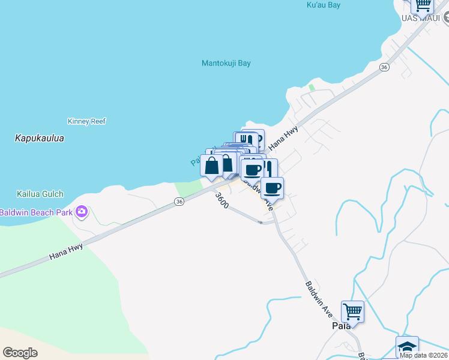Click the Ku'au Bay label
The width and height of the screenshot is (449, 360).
[324, 5]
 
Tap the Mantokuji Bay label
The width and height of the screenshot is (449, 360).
[226, 63]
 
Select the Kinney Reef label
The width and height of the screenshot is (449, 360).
[87, 121]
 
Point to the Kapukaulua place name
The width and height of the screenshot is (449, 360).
[39, 139]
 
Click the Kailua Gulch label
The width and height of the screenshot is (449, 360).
[40, 194]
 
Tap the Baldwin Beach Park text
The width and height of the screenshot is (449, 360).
[35, 212]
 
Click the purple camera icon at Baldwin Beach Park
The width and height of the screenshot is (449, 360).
[82, 212]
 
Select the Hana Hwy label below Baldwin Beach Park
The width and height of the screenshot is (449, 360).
[66, 250]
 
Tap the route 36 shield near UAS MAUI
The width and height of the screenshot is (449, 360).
[384, 68]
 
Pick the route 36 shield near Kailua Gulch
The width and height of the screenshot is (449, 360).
[179, 202]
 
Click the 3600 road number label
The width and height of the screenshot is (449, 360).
[221, 200]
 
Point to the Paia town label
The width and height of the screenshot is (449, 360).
[341, 326]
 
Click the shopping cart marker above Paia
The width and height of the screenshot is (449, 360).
[353, 311]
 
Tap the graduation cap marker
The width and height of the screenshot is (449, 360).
[407, 347]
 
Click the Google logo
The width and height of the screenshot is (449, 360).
[20, 352]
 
